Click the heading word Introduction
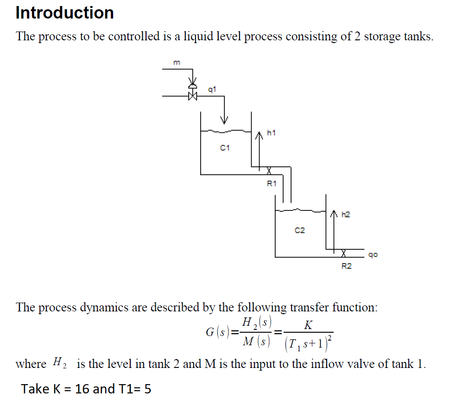click(x=64, y=13)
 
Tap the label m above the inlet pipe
click(x=176, y=63)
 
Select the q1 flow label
click(x=212, y=89)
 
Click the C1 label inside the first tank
click(x=225, y=148)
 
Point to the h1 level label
click(x=272, y=133)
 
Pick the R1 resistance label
click(x=272, y=184)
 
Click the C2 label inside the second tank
click(x=300, y=230)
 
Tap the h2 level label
click(x=346, y=215)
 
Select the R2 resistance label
click(x=346, y=266)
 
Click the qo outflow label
click(x=374, y=254)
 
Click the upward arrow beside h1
click(x=259, y=148)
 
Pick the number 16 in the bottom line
click(x=82, y=389)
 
